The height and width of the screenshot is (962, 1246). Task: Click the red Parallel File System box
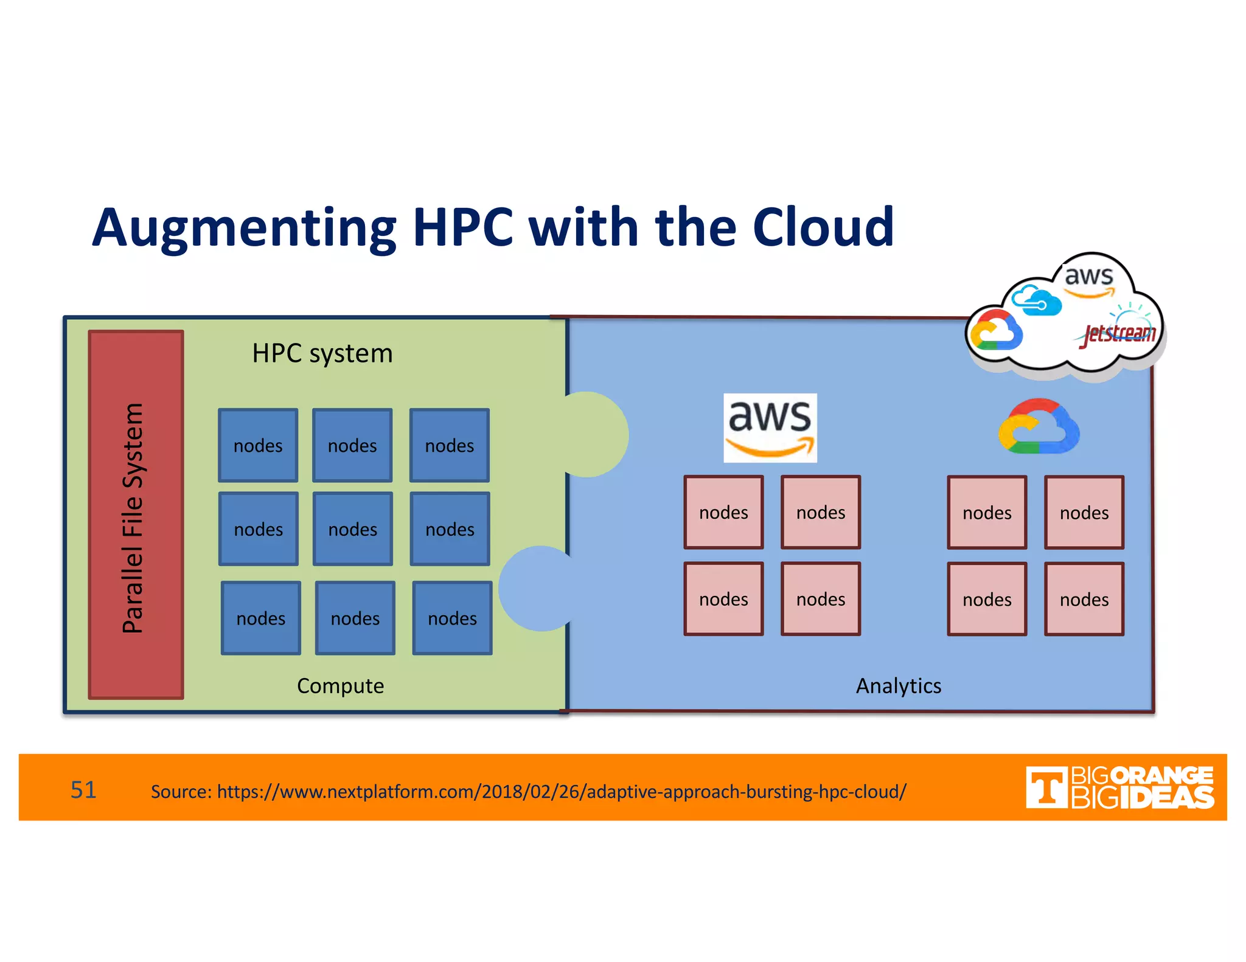tap(136, 514)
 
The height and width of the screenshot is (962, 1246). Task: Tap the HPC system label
tap(322, 353)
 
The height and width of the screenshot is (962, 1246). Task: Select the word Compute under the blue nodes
tap(340, 686)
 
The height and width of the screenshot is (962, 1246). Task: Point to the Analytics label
tap(898, 686)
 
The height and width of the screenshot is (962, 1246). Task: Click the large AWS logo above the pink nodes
tap(770, 428)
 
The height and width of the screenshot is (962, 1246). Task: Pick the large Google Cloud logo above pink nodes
tap(1039, 427)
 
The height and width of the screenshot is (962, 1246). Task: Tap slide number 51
tap(83, 790)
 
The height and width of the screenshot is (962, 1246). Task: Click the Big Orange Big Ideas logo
tap(1119, 787)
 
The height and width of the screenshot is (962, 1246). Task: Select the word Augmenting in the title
tap(244, 229)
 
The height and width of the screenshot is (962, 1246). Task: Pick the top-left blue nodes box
tap(258, 446)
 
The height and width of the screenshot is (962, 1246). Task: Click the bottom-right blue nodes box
tap(452, 618)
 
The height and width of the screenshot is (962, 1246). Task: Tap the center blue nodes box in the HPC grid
tap(353, 529)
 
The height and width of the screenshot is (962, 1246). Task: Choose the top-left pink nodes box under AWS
tap(723, 513)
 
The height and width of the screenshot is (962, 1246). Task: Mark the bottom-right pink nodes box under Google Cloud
tap(1084, 600)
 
